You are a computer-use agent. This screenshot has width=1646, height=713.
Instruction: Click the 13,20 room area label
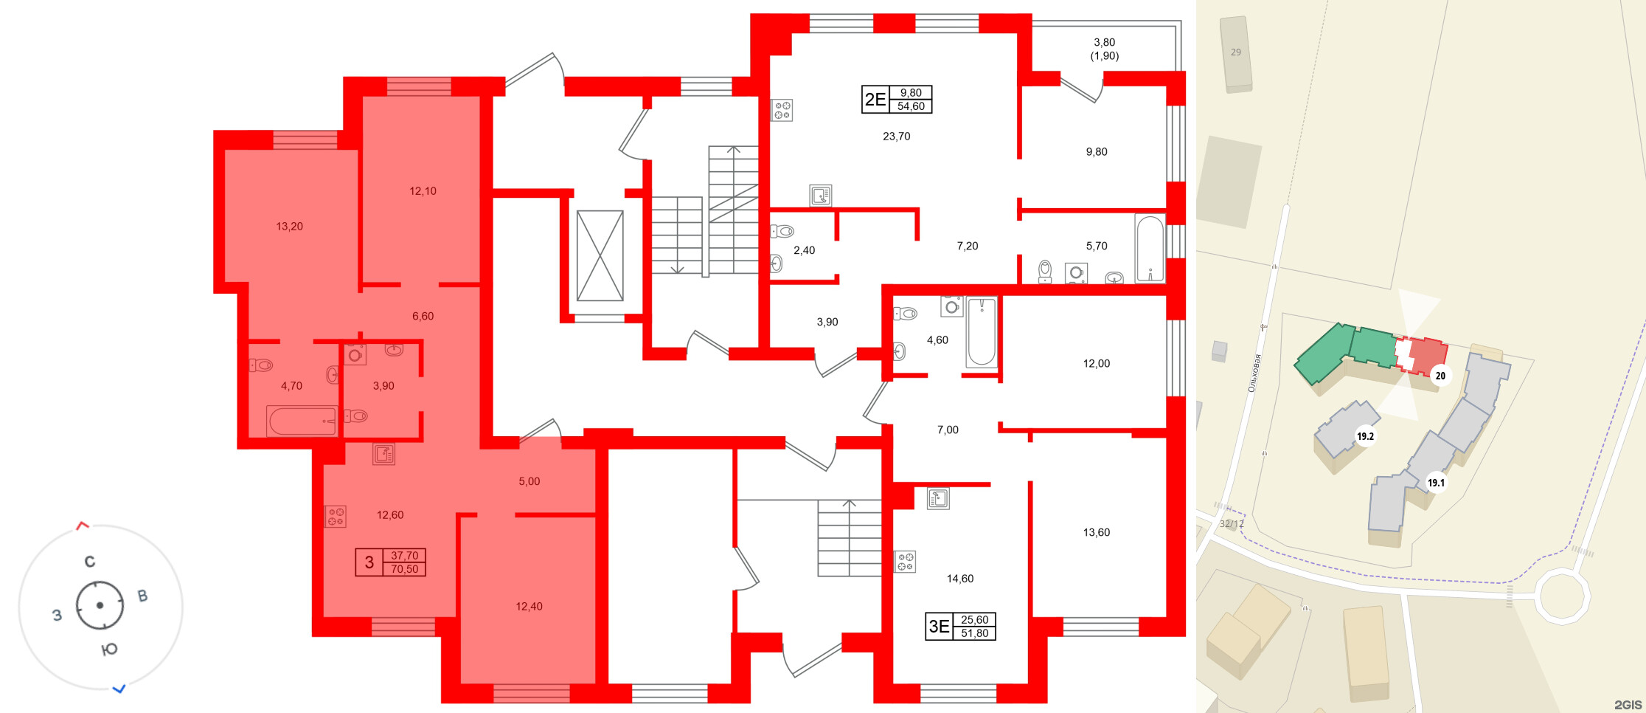click(x=289, y=227)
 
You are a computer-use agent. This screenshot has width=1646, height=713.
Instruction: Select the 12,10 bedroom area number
click(x=423, y=191)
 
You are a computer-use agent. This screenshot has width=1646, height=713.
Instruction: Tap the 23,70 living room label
click(x=896, y=137)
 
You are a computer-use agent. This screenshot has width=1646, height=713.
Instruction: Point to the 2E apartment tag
click(x=875, y=100)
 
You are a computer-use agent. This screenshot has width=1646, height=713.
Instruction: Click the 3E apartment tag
click(x=939, y=627)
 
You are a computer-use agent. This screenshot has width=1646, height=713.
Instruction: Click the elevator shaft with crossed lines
click(x=600, y=255)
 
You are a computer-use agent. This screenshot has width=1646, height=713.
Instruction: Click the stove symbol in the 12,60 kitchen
click(x=336, y=516)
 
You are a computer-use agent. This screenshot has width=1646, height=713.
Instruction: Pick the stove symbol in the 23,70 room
click(x=782, y=111)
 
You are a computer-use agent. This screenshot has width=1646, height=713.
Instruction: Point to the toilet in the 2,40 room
click(x=782, y=232)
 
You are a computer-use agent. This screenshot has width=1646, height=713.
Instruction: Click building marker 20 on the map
click(x=1440, y=376)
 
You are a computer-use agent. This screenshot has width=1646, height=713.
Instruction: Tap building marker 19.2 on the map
click(x=1365, y=436)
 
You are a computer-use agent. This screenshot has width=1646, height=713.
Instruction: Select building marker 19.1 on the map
click(x=1436, y=483)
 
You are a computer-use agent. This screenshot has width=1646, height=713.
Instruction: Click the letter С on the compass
click(x=90, y=562)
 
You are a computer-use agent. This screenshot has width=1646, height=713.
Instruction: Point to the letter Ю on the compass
click(x=109, y=650)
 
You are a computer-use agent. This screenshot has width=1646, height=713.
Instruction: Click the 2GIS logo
click(x=1628, y=705)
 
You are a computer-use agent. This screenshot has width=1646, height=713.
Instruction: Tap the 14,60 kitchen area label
click(x=959, y=579)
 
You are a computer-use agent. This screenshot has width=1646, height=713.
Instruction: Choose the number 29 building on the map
click(x=1236, y=52)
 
